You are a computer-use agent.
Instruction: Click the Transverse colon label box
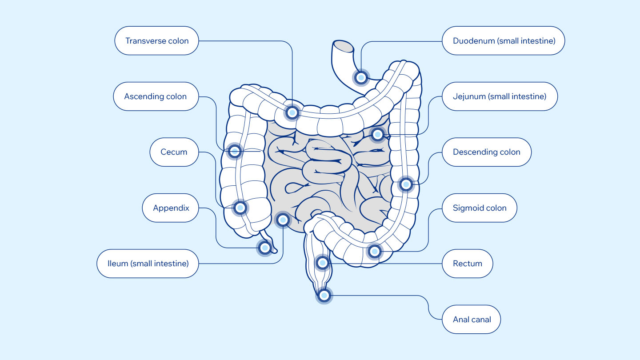[x=156, y=40]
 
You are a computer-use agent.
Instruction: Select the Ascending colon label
[x=156, y=96]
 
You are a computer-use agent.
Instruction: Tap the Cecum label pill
[x=174, y=152]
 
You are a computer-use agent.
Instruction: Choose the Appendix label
[x=170, y=208]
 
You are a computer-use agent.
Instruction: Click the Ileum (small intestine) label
[x=148, y=264]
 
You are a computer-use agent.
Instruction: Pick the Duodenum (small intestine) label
[x=504, y=40]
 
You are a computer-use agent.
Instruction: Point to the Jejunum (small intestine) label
[x=500, y=96]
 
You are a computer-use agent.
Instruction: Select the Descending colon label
[x=487, y=152]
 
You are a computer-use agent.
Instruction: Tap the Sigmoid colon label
[x=480, y=208]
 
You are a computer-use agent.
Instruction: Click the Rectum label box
[x=468, y=264]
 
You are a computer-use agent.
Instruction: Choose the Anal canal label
[x=472, y=319]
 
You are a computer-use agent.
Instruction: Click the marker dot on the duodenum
[x=361, y=77]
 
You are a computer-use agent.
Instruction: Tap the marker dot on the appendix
[x=265, y=248]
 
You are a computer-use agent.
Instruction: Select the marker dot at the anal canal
[x=324, y=296]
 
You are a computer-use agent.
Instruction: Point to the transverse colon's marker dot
[x=292, y=112]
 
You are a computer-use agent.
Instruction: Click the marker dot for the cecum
[x=240, y=208]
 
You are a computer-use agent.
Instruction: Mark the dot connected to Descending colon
[x=406, y=184]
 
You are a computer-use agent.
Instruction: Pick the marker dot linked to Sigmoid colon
[x=374, y=252]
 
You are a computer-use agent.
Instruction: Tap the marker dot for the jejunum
[x=377, y=134]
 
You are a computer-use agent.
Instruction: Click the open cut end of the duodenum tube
[x=344, y=46]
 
